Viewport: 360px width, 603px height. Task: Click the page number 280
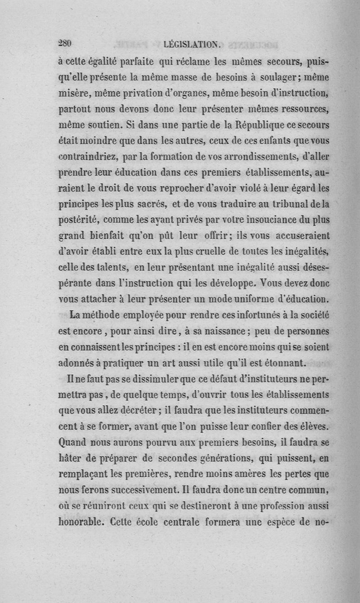click(x=66, y=44)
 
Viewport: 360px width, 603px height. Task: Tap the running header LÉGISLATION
click(x=192, y=45)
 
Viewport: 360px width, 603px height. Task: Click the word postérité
click(x=79, y=219)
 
